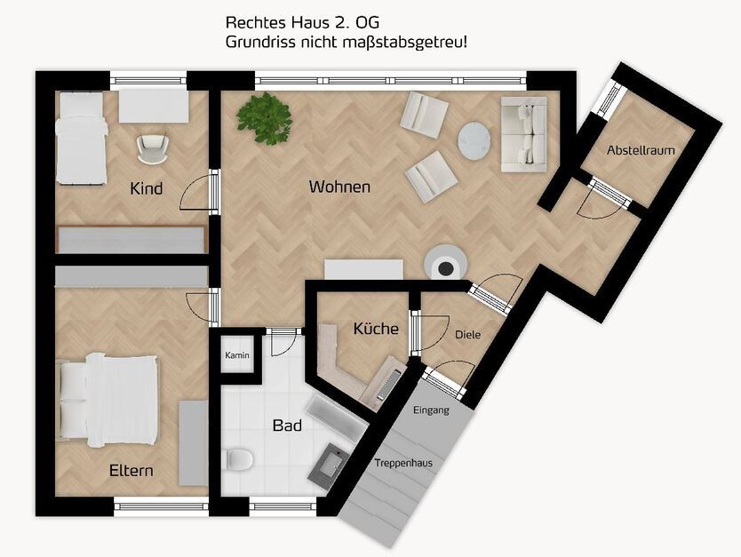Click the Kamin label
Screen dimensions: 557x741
click(237, 355)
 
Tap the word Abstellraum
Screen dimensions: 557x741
click(641, 150)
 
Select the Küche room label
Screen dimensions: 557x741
click(376, 328)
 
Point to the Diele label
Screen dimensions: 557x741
click(467, 335)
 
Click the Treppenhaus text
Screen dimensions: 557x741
click(402, 463)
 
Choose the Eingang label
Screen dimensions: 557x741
click(432, 410)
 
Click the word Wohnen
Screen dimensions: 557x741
click(339, 187)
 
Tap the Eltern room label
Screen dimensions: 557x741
click(131, 470)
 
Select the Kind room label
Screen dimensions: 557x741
click(147, 188)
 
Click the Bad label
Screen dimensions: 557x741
click(287, 426)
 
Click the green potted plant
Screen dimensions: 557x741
click(266, 117)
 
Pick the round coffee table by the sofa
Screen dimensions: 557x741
click(474, 139)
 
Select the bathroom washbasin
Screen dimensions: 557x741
click(331, 464)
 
